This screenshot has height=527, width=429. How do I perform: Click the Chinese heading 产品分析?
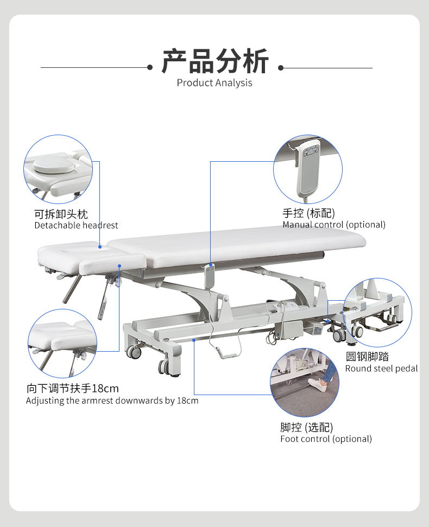(215, 61)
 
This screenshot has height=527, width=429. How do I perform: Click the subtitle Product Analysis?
(214, 83)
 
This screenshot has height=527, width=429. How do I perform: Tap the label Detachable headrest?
(76, 225)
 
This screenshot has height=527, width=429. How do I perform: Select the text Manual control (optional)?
(333, 225)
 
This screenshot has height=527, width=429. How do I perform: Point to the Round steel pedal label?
(381, 369)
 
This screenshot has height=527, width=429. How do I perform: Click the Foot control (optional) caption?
(326, 439)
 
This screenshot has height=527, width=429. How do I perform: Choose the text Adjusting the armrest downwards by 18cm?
(112, 401)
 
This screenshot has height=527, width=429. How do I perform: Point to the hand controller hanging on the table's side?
(210, 277)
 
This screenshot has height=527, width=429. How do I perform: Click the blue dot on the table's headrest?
(100, 246)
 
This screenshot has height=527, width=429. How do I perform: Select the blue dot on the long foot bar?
(194, 340)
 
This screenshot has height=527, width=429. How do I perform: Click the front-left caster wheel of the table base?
(164, 366)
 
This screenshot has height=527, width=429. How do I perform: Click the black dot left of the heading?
(150, 68)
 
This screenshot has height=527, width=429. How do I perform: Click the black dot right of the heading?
(281, 68)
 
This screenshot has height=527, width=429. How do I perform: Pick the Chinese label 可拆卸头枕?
(61, 214)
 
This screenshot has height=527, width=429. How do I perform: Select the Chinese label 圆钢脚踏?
(367, 357)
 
